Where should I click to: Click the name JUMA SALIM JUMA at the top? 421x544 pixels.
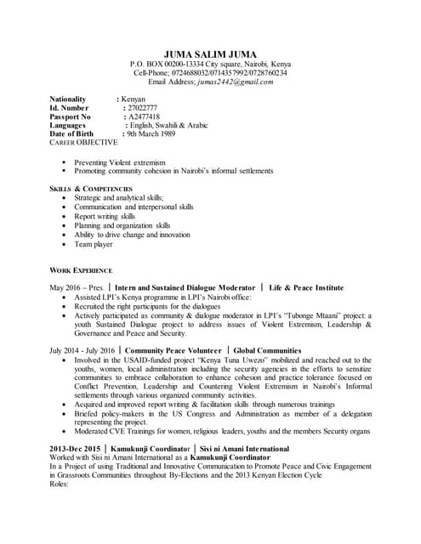coord(210,54)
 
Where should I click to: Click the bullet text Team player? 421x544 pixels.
coord(94,244)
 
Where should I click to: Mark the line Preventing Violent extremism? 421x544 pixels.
coord(120,161)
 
